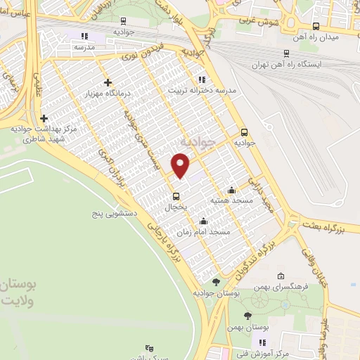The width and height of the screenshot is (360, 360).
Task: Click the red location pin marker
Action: (x=181, y=165)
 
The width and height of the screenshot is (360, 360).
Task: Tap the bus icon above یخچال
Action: (x=176, y=196)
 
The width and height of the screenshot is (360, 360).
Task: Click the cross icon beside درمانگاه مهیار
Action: (x=107, y=82)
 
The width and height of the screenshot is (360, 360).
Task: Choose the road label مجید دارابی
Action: (x=266, y=202)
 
